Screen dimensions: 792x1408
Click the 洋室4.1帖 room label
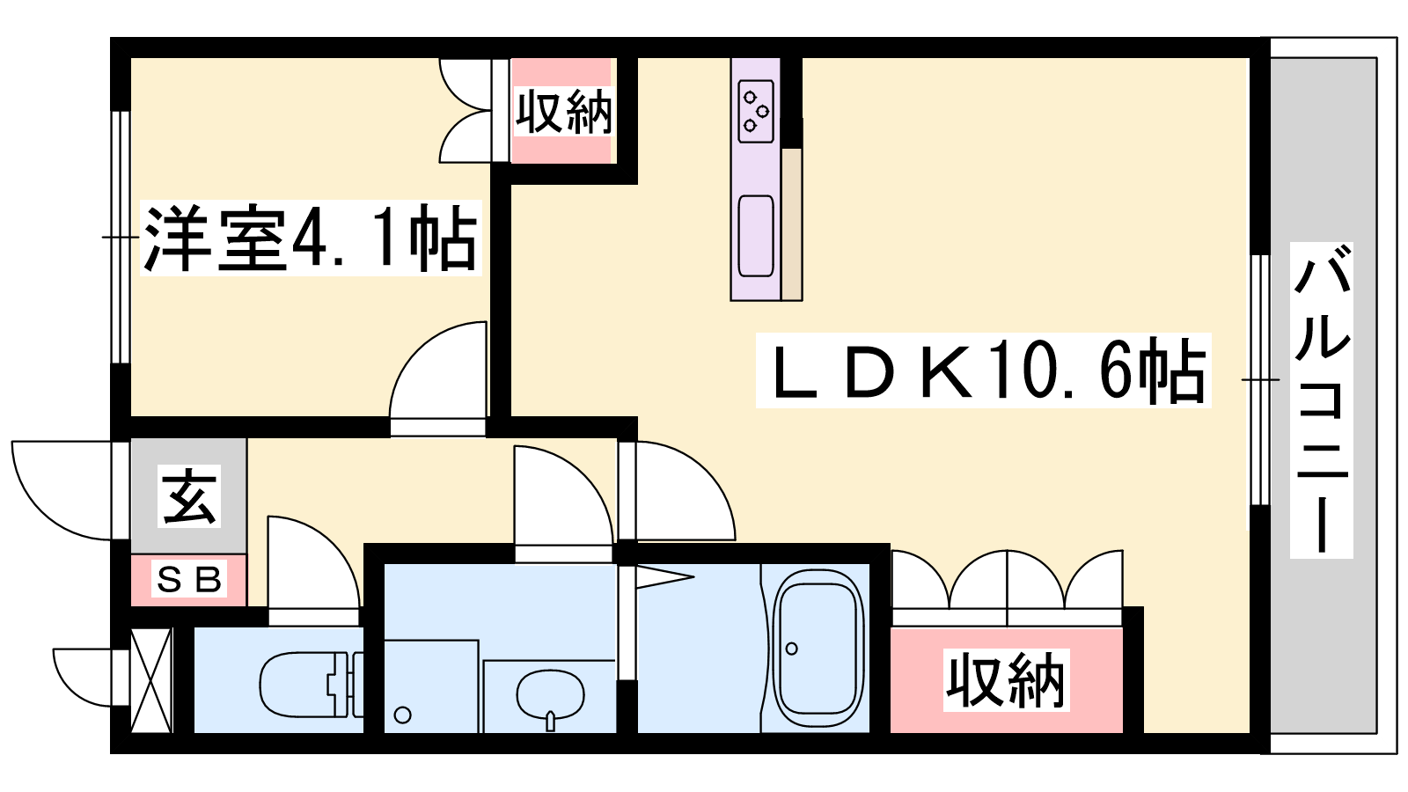click(310, 238)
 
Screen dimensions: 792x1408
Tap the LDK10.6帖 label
click(983, 370)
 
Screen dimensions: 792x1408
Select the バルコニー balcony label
click(1321, 400)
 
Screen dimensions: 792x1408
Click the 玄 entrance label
click(188, 496)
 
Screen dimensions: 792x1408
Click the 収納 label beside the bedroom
click(562, 112)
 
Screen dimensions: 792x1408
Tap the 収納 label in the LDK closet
click(1006, 680)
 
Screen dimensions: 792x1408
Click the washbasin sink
click(550, 694)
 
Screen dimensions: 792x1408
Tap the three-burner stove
click(756, 111)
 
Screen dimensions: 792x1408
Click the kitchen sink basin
click(756, 235)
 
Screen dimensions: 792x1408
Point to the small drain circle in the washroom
click(403, 715)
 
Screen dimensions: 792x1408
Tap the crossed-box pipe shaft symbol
click(150, 679)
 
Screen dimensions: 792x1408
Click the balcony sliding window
click(1260, 379)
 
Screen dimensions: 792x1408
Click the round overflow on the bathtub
click(792, 649)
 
